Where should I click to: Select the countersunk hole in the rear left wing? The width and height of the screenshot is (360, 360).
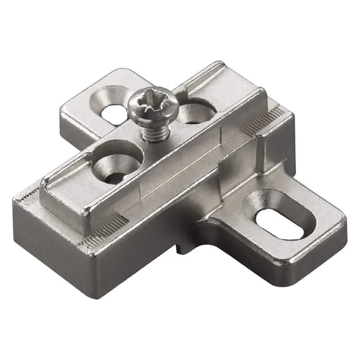pyautogui.click(x=114, y=112)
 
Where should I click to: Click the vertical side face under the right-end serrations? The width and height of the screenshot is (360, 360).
pyautogui.click(x=277, y=151)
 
